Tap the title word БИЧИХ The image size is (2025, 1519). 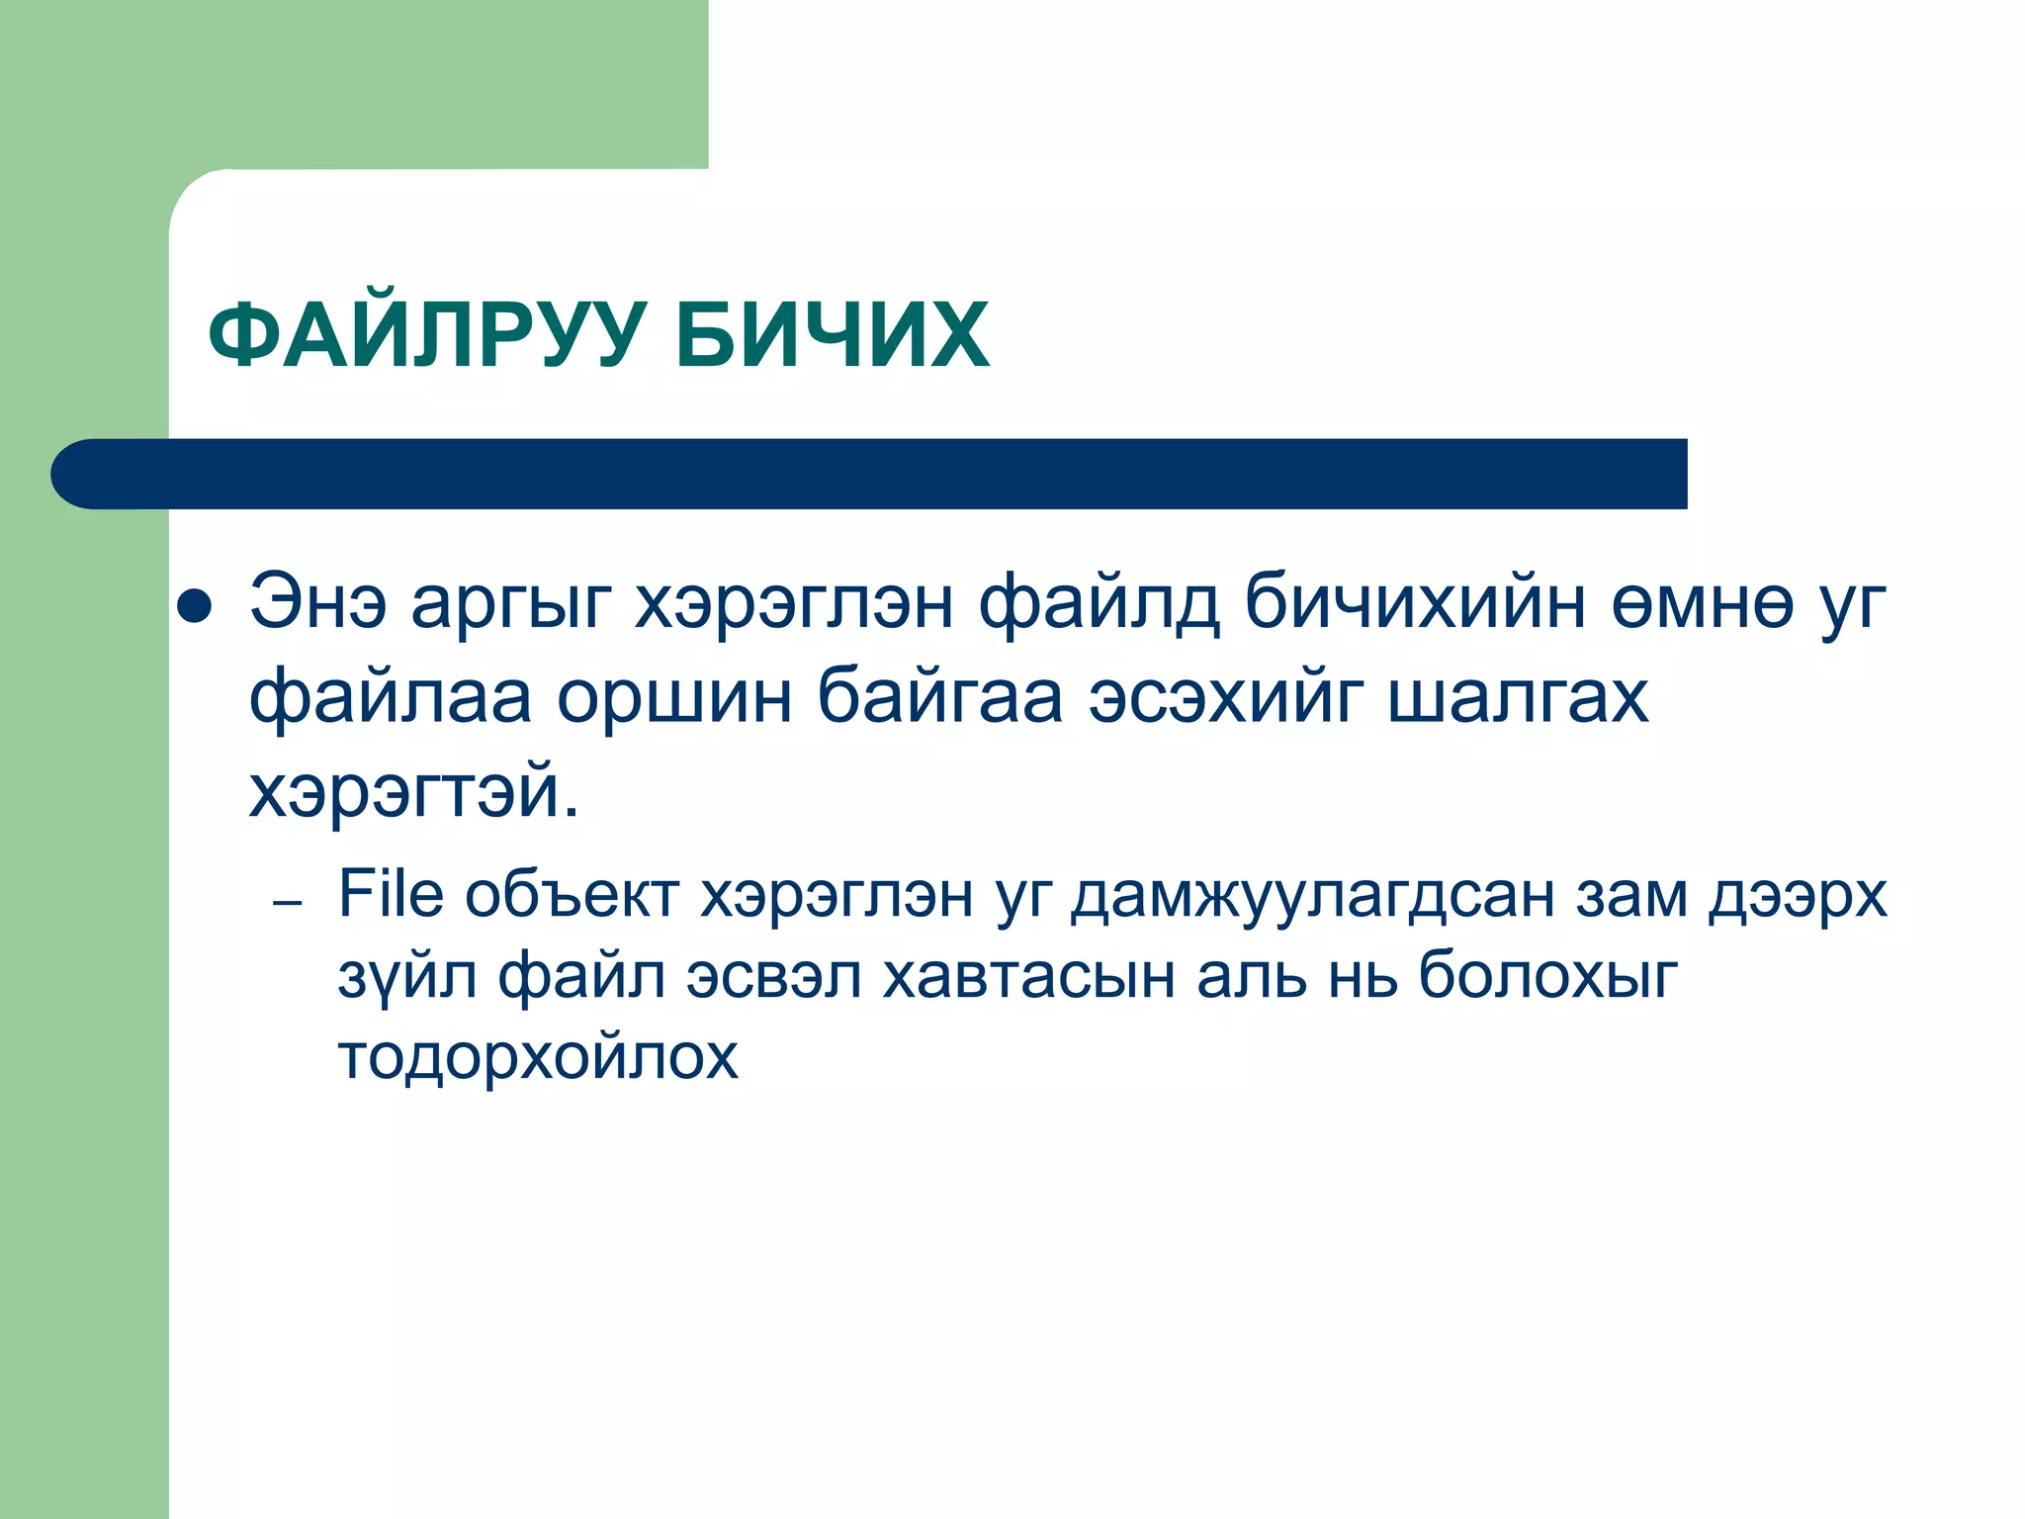pyautogui.click(x=832, y=336)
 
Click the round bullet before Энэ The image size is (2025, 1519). pyautogui.click(x=194, y=607)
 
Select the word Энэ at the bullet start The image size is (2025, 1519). pyautogui.click(x=317, y=602)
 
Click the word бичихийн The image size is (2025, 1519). pyautogui.click(x=1415, y=602)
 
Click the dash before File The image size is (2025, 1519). pyautogui.click(x=287, y=904)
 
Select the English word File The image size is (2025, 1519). pyautogui.click(x=391, y=894)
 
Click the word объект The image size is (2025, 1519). pyautogui.click(x=572, y=896)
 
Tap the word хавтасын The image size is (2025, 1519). pyautogui.click(x=1028, y=977)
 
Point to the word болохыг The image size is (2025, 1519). pyautogui.click(x=1548, y=977)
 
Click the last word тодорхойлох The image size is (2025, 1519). pyautogui.click(x=538, y=1057)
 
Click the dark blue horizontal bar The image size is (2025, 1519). pyautogui.click(x=870, y=474)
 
